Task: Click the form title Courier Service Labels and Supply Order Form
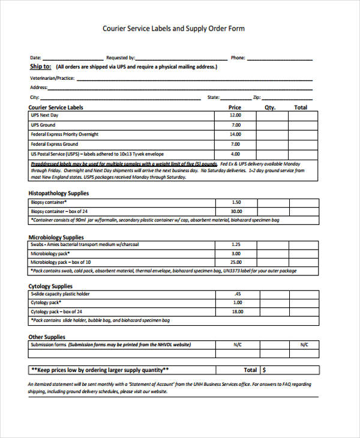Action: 173,28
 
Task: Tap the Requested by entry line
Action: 181,59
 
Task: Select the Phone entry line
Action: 279,59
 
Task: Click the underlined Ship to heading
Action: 40,67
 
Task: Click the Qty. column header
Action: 270,107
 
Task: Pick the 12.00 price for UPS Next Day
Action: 235,115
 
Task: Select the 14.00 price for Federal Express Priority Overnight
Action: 235,134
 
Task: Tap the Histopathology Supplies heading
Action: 59,193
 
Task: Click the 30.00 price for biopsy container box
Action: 236,211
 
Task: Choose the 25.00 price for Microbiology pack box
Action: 236,262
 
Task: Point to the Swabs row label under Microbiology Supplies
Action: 84,244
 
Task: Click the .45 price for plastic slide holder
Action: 238,294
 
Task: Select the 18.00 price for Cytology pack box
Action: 237,312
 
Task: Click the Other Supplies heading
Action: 47,337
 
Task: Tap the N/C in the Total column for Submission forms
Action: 304,345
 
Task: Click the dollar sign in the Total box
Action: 265,370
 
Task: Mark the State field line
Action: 235,98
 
